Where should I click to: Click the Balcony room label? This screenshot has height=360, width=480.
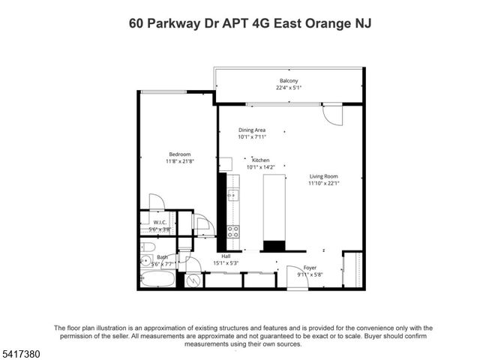(x=289, y=81)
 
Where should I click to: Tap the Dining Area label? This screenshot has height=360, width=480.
(x=252, y=130)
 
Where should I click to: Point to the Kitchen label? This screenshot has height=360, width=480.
(x=261, y=160)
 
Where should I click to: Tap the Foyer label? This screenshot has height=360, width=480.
(x=310, y=268)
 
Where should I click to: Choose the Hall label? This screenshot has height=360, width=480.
(x=225, y=256)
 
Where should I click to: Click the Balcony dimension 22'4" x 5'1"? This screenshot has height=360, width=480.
(x=289, y=88)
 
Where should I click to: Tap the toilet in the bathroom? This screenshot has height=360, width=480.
(x=148, y=247)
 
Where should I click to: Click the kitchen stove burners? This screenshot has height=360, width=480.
(x=233, y=231)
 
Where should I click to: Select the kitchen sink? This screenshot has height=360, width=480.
(x=233, y=196)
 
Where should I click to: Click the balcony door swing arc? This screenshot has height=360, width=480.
(x=331, y=114)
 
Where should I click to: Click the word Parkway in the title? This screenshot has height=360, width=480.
(x=176, y=23)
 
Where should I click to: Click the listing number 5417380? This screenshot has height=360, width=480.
(x=20, y=350)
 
